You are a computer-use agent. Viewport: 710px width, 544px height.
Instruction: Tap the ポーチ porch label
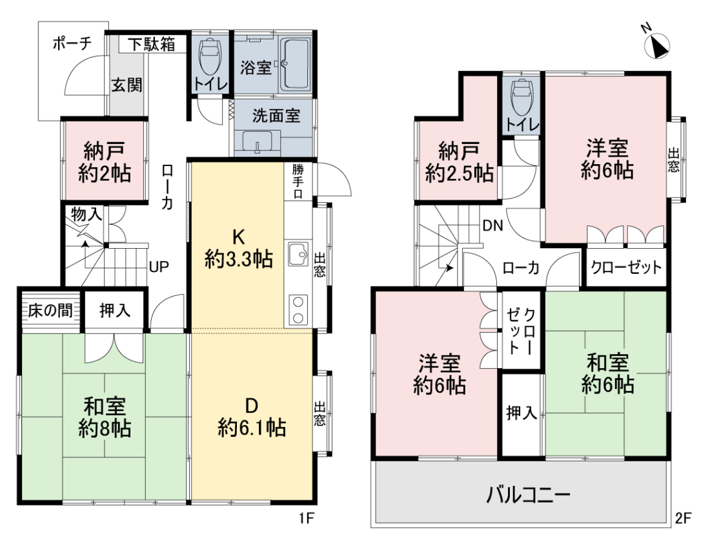coord(72,43)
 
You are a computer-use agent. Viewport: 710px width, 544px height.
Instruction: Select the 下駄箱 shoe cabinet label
coord(151,44)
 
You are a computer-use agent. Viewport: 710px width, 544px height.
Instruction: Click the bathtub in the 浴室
coord(295,64)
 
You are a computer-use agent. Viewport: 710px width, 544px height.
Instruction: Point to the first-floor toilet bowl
coord(210,56)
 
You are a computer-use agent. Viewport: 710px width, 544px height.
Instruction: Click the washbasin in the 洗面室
coord(257,141)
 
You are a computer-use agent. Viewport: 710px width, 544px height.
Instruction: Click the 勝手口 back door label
coord(298,182)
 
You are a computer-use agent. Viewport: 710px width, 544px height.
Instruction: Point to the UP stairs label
coord(159,267)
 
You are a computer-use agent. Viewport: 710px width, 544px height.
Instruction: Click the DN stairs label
coord(492,225)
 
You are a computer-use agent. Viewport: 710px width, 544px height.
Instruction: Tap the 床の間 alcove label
coord(50,311)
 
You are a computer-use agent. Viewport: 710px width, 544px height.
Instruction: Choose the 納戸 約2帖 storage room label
coord(105,162)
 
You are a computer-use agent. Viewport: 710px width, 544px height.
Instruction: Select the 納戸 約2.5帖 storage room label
coord(459,162)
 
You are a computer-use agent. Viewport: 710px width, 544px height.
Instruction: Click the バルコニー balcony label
coord(528,495)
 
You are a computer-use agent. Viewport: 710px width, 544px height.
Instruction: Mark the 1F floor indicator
coord(307,518)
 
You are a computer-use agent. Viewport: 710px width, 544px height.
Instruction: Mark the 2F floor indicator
coord(684,518)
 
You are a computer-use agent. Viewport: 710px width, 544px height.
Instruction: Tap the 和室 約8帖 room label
coord(105,417)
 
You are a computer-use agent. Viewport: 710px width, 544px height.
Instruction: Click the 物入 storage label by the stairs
coord(86,215)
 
